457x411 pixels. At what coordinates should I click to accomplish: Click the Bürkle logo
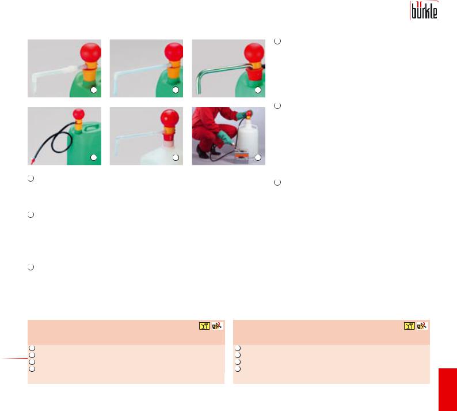[424, 11]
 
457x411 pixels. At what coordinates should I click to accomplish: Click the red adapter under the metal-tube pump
[254, 75]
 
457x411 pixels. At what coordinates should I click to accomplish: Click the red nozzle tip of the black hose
[32, 161]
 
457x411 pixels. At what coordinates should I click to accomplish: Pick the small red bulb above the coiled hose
[79, 114]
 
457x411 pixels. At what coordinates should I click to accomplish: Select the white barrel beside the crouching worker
[248, 135]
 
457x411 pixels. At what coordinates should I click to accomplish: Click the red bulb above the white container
[170, 119]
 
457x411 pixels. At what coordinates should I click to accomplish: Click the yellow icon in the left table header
[204, 326]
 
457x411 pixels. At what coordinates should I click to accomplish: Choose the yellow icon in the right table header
[409, 326]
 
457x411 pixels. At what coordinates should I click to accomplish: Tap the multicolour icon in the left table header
[218, 326]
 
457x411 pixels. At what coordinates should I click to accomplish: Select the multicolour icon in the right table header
[422, 326]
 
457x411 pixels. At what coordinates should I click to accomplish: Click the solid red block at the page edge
[448, 390]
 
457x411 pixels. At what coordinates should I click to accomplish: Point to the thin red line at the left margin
[14, 358]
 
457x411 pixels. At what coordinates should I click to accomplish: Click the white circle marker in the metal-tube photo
[258, 90]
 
